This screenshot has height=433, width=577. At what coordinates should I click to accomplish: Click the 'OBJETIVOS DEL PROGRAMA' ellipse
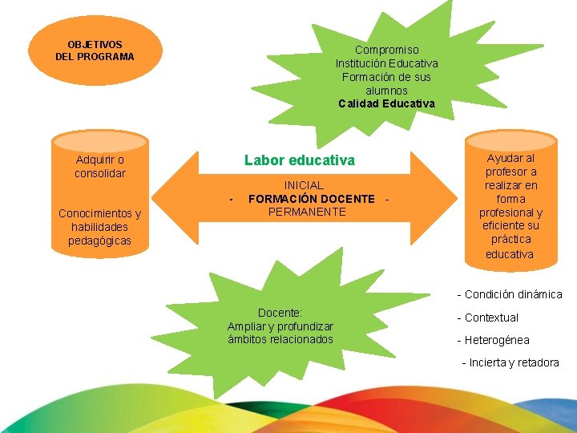(95, 51)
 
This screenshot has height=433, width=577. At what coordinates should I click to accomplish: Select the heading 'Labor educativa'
(299, 160)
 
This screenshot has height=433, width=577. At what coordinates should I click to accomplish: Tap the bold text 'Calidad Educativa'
(386, 103)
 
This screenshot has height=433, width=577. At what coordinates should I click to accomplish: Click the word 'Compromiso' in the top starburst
(386, 50)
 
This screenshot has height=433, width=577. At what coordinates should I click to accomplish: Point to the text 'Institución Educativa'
(386, 63)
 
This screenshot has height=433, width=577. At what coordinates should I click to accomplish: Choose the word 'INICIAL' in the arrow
(304, 185)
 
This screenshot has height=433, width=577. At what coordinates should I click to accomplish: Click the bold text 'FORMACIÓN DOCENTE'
(311, 199)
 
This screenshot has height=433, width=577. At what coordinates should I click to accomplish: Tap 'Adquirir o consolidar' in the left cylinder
(100, 166)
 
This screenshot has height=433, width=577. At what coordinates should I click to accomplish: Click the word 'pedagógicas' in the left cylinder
(100, 241)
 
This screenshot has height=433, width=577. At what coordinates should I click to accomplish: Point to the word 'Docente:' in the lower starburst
(280, 312)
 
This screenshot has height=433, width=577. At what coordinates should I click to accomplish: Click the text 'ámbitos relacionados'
(280, 339)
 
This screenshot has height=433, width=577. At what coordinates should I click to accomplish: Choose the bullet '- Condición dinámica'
(510, 294)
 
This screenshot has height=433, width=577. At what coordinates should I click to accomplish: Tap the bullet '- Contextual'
(487, 318)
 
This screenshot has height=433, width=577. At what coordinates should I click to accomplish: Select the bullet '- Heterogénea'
(493, 340)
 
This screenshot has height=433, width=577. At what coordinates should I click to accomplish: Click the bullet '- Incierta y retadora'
(510, 362)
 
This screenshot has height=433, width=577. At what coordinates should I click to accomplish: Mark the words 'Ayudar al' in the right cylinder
(510, 158)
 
